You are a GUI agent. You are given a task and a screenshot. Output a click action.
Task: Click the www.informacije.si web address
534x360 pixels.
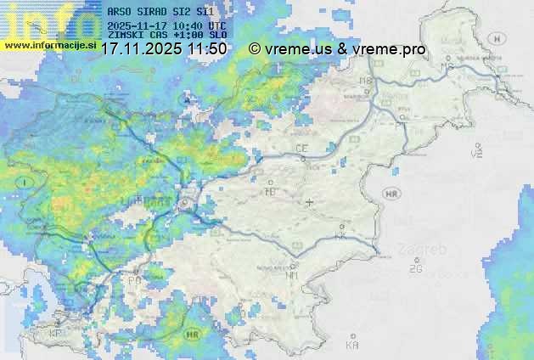[48, 45]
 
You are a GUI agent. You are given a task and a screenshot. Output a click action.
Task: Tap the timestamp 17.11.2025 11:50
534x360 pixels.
[163, 49]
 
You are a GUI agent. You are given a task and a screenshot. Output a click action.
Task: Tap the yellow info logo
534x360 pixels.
[47, 20]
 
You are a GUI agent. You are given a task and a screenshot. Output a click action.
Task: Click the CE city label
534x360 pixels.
[301, 149]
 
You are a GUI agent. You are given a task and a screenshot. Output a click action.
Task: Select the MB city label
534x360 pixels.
[366, 81]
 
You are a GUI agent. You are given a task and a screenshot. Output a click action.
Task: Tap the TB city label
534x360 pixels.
[271, 193]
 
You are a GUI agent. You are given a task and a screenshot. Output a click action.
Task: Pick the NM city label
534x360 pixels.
[291, 275]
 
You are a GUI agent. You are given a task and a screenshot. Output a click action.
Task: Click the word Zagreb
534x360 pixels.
[426, 250]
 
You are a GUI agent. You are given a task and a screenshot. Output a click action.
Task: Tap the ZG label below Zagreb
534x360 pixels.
[415, 269]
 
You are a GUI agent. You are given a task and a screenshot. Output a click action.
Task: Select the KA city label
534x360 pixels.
[351, 346]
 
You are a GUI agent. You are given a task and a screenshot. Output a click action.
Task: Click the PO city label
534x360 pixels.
[134, 279]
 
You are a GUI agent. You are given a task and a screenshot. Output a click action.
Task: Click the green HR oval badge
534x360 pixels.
[195, 334]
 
